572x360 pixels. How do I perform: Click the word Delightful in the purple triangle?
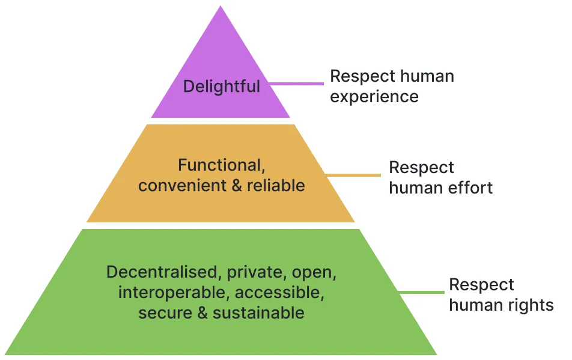tap(221, 86)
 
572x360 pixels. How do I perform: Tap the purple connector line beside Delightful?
tap(300, 84)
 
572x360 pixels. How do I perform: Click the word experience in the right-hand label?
tap(374, 96)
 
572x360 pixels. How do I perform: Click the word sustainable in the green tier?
tap(258, 313)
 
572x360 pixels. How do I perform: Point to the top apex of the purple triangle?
tap(221, 7)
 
